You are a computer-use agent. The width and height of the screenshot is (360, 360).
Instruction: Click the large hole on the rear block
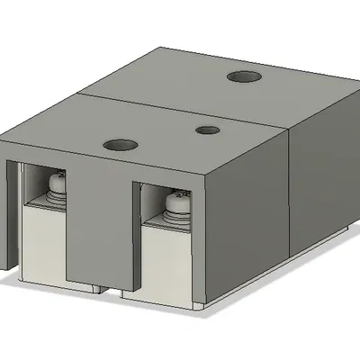(x=243, y=77)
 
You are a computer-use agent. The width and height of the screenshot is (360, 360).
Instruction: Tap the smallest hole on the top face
(x=209, y=130)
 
